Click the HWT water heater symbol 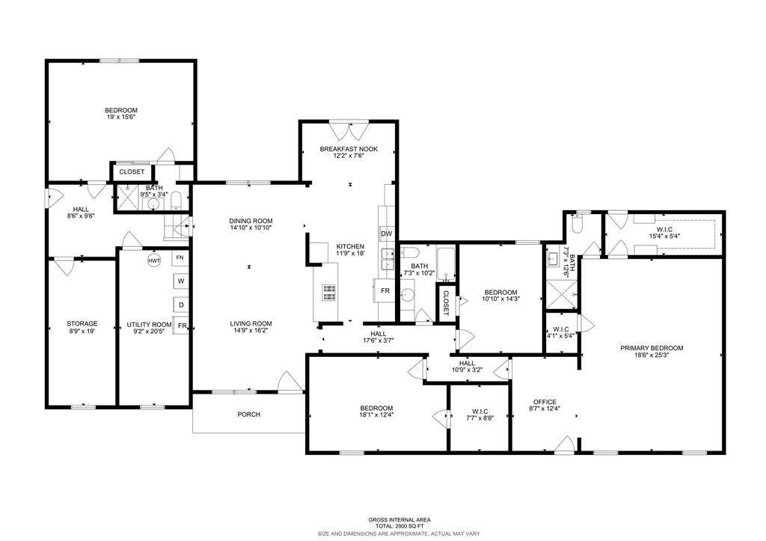coord(154,261)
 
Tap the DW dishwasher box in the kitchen coord(386,233)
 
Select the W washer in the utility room coord(181,281)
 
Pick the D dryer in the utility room coord(181,305)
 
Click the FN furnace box coord(180,257)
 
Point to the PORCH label coord(248,415)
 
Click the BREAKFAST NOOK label coord(349,149)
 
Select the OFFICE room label coord(545,403)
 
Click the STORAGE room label coord(82,323)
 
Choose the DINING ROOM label coord(251,221)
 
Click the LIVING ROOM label coord(251,323)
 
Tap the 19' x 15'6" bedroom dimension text coord(121,117)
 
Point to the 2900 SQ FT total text coord(399,526)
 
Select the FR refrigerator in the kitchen coord(385,291)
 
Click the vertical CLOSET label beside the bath coord(446,303)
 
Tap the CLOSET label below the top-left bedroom coord(132,172)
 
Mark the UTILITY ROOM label coord(149,325)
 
